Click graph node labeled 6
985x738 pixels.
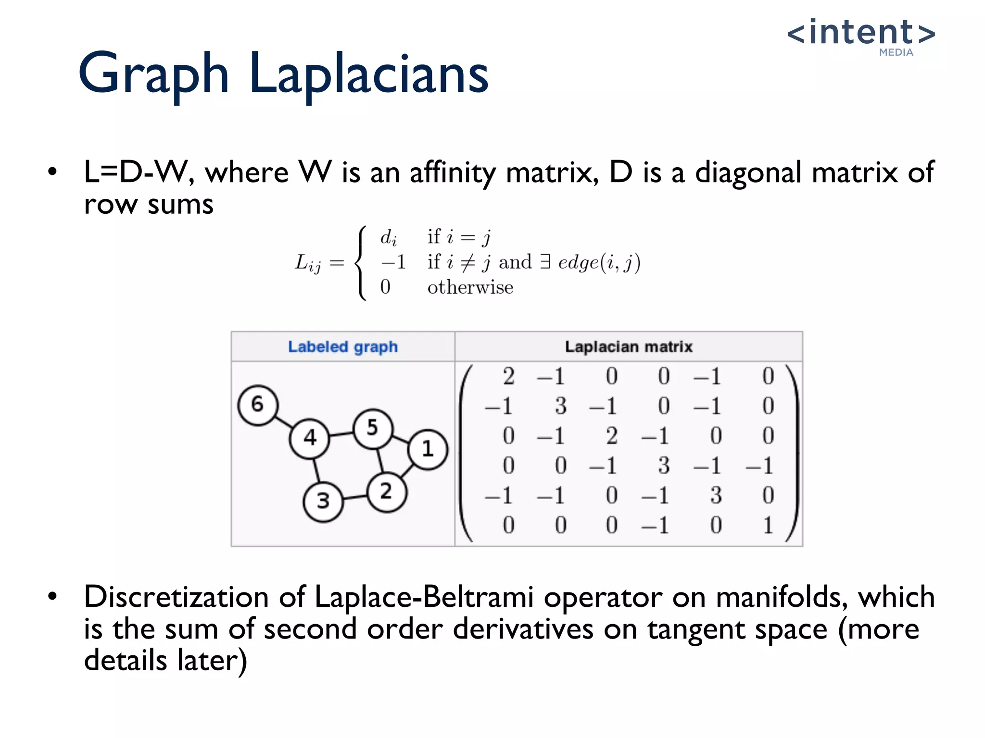(258, 405)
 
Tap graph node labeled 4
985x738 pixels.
(310, 438)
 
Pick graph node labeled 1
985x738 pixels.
(428, 449)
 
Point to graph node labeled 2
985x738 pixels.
(386, 492)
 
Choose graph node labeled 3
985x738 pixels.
(323, 502)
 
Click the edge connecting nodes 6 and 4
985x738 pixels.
(284, 421)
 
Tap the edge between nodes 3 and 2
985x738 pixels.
(355, 497)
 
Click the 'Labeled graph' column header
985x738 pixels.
(343, 347)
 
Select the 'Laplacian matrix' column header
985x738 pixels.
(629, 347)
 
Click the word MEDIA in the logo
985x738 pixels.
(896, 52)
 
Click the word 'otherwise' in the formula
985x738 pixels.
(470, 287)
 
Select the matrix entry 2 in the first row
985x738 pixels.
(508, 376)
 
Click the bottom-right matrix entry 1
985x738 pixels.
(768, 525)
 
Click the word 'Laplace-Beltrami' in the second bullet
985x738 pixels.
(424, 597)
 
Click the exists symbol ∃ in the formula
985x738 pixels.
(544, 262)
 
